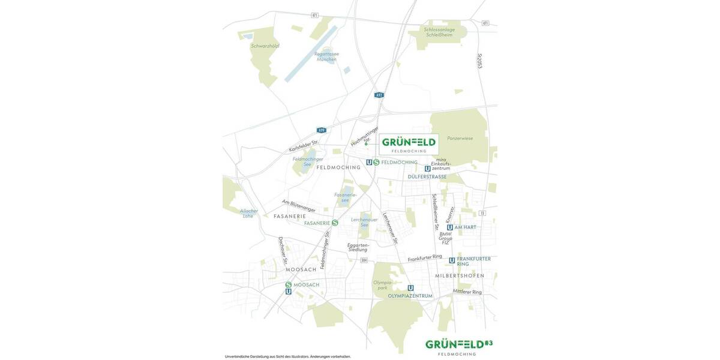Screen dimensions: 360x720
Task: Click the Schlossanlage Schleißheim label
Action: [x=439, y=32]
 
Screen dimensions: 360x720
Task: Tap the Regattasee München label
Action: [x=326, y=56]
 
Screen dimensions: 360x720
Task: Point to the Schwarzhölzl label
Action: [x=265, y=46]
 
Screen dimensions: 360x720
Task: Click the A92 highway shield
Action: [x=379, y=95]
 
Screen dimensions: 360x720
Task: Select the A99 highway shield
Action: [x=322, y=130]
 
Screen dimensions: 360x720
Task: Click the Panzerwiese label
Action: [x=460, y=138]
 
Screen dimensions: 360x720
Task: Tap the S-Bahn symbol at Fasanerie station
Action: [x=335, y=223]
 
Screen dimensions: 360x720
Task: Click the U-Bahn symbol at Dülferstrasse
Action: [x=427, y=169]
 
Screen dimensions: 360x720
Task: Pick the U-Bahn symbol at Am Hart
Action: [x=449, y=227]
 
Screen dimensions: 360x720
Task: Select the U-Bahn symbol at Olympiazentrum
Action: [x=410, y=288]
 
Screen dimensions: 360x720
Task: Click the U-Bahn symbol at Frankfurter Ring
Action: [x=452, y=260]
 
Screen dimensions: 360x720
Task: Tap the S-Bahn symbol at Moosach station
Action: [x=288, y=285]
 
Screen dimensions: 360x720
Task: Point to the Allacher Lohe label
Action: [x=248, y=213]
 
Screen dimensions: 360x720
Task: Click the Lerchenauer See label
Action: [x=364, y=222]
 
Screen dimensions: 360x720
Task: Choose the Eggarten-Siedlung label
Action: [x=358, y=247]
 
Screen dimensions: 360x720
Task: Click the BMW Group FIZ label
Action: [x=445, y=238]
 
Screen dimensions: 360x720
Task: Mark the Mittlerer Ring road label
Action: [x=467, y=292]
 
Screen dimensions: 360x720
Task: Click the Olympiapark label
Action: [x=383, y=285]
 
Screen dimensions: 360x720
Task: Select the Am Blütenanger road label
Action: [x=298, y=205]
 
